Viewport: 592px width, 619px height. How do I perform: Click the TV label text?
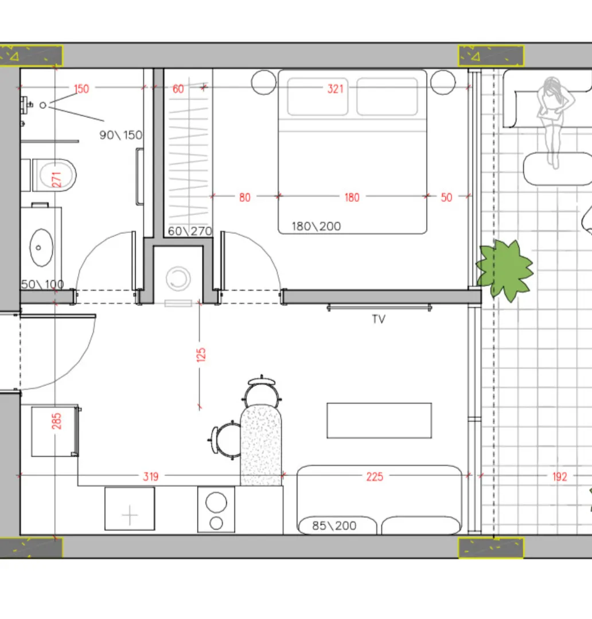pyautogui.click(x=378, y=319)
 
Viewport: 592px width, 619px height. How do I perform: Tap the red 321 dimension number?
pyautogui.click(x=335, y=89)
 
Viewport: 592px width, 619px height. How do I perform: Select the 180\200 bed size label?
pyautogui.click(x=316, y=226)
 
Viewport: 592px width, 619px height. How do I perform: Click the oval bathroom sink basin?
pyautogui.click(x=41, y=248)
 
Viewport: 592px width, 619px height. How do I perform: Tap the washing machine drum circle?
pyautogui.click(x=178, y=279)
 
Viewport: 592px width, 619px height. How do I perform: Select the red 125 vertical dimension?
pyautogui.click(x=201, y=355)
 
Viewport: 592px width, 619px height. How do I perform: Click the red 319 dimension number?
pyautogui.click(x=150, y=477)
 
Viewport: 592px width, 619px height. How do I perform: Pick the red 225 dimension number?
pyautogui.click(x=375, y=477)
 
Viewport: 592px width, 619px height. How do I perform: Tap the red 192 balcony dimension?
pyautogui.click(x=560, y=477)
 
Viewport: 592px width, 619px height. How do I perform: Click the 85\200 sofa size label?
pyautogui.click(x=334, y=526)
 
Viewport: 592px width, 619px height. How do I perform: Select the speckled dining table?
pyautogui.click(x=261, y=445)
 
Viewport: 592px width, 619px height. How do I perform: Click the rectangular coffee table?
pyautogui.click(x=379, y=421)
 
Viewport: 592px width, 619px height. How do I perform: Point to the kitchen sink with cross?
pyautogui.click(x=130, y=509)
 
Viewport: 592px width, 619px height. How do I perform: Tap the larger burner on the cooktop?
pyautogui.click(x=216, y=503)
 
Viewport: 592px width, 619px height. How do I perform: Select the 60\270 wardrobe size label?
pyautogui.click(x=190, y=231)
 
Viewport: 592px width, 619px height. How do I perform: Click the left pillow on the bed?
pyautogui.click(x=318, y=97)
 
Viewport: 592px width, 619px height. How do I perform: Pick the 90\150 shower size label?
pyautogui.click(x=120, y=135)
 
